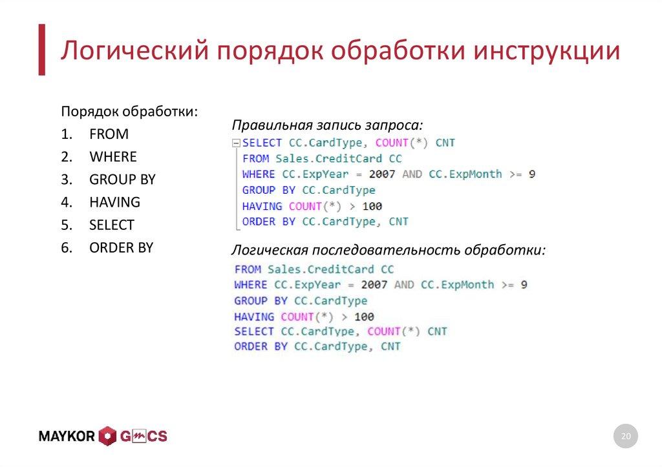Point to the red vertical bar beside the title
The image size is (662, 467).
pos(41,50)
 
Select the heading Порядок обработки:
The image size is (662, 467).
pos(129,111)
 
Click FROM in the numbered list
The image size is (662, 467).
pos(109,134)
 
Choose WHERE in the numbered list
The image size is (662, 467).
pos(113,157)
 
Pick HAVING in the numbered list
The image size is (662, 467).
pos(114,202)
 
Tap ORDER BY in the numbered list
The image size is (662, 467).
pos(121,247)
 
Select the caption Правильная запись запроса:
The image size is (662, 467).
pos(328,125)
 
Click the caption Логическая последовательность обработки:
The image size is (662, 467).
pos(389,250)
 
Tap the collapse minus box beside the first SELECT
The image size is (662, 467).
pos(236,143)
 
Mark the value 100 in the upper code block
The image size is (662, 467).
pos(372,207)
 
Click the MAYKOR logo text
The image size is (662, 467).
pos(67,437)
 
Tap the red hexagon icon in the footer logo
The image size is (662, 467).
pos(107,437)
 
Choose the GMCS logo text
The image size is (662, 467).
pos(143,437)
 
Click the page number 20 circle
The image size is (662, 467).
pos(625,437)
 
